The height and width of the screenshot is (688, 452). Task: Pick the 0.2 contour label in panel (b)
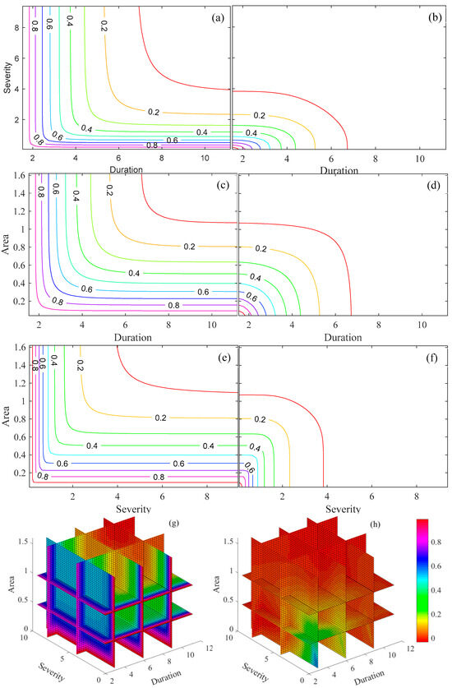pyautogui.click(x=261, y=116)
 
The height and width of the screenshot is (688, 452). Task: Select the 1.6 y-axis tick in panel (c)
pyautogui.click(x=19, y=175)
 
